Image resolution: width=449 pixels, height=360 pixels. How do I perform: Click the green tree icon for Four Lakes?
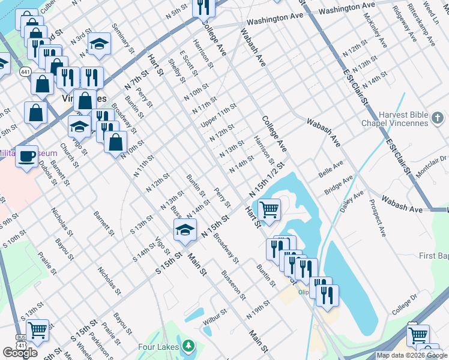pyautogui.click(x=189, y=346)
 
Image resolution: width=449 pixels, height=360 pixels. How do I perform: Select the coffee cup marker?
pyautogui.click(x=26, y=157)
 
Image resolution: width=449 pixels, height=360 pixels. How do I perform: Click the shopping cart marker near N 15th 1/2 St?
pyautogui.click(x=270, y=210)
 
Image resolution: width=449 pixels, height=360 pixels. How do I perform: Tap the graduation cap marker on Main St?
pyautogui.click(x=185, y=230)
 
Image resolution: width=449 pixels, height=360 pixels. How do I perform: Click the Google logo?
pyautogui.click(x=20, y=353)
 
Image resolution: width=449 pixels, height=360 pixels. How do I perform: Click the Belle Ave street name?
pyautogui.click(x=331, y=169)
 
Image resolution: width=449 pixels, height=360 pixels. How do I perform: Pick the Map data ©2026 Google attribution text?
pyautogui.click(x=412, y=355)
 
